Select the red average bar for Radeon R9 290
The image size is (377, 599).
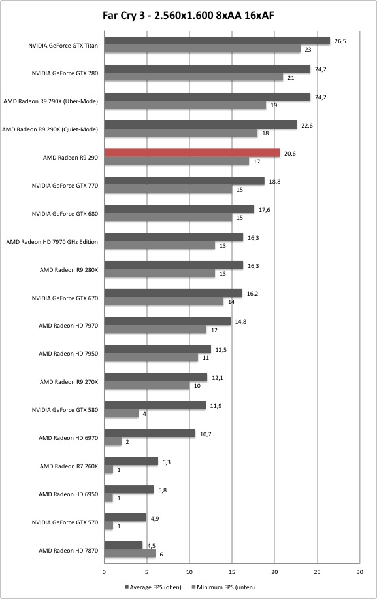(192, 153)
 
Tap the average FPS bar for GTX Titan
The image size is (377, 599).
(217, 41)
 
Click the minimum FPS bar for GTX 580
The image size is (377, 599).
(122, 414)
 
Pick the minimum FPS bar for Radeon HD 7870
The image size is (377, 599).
(130, 554)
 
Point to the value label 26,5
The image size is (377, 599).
(340, 41)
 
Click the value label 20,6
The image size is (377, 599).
(289, 154)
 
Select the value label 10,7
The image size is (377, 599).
(205, 434)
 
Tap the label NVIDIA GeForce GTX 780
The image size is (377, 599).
(65, 73)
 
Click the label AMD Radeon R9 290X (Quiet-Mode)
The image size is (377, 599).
(50, 129)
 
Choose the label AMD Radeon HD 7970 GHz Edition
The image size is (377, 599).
(52, 242)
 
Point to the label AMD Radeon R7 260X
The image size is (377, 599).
(69, 466)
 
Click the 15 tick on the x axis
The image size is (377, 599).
(231, 572)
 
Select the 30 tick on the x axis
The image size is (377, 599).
(359, 572)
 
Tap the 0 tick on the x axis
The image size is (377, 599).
(104, 572)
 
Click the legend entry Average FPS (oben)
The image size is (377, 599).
(153, 587)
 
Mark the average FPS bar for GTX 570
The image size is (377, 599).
(125, 518)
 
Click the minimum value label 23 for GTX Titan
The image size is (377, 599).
(308, 49)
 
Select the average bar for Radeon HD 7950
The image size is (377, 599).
(157, 349)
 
